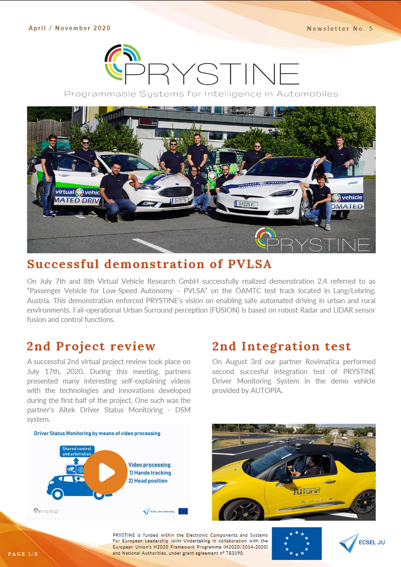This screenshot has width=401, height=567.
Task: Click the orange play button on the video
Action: pos(106,471)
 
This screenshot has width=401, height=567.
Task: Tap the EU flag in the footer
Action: pos(296,543)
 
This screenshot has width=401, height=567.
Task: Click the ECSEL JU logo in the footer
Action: pos(362,542)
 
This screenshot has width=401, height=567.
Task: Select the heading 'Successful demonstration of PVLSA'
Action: pos(149,264)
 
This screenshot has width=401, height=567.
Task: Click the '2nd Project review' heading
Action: pos(91,346)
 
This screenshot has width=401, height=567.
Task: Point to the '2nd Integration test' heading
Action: pos(281,346)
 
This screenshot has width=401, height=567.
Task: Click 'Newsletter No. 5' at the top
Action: pos(340,28)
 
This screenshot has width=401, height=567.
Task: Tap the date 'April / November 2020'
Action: pos(70,28)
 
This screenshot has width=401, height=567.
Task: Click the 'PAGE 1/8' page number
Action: pos(23,553)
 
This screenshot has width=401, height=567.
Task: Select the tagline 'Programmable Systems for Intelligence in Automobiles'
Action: pos(201,94)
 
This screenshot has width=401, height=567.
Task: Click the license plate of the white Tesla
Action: pos(247,204)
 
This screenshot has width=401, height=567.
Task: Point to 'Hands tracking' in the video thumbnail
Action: pos(152,472)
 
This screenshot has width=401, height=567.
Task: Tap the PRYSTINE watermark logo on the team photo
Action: pos(312,240)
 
